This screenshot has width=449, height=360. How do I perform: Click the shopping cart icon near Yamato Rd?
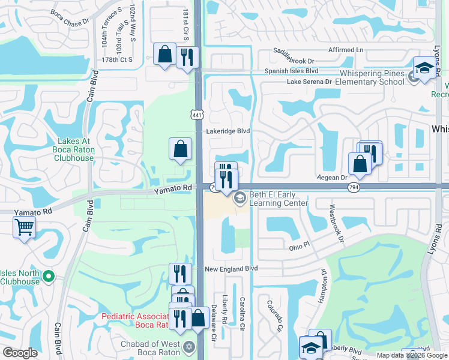pyautogui.click(x=24, y=227)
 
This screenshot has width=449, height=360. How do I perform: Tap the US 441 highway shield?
pyautogui.click(x=197, y=114)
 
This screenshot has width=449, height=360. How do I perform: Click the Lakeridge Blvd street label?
pyautogui.click(x=228, y=130)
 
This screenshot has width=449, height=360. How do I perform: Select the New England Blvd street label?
pyautogui.click(x=231, y=269)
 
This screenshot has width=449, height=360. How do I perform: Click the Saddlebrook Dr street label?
pyautogui.click(x=295, y=61)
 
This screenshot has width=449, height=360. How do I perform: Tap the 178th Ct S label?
pyautogui.click(x=117, y=59)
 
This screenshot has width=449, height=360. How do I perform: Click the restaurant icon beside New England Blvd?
pyautogui.click(x=179, y=273)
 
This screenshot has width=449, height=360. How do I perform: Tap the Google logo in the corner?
pyautogui.click(x=20, y=353)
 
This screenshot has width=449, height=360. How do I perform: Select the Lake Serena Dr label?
pyautogui.click(x=309, y=82)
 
